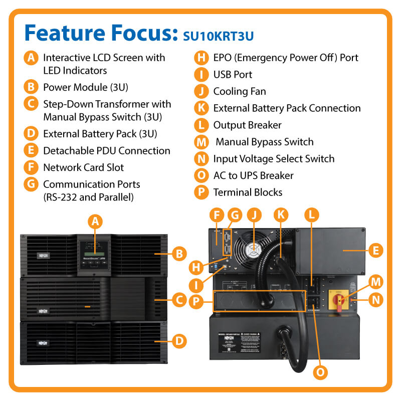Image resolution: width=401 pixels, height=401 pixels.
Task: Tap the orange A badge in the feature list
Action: [x=31, y=58]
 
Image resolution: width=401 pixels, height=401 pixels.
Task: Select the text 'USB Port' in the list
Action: [x=233, y=75]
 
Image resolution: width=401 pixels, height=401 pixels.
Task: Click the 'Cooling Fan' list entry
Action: [x=240, y=91]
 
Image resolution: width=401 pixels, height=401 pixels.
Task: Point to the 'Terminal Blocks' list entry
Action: [x=248, y=192]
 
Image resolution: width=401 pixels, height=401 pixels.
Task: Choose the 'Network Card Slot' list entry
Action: [x=83, y=167]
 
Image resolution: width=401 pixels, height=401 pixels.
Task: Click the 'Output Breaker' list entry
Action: [x=247, y=125]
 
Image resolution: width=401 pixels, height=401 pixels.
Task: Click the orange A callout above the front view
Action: [x=95, y=221]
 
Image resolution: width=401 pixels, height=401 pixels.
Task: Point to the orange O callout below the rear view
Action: [x=320, y=371]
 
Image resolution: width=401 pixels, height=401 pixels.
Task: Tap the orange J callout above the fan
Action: [x=255, y=215]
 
